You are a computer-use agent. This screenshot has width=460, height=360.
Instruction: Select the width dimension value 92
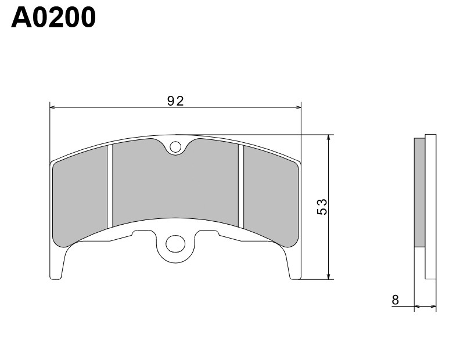(175, 101)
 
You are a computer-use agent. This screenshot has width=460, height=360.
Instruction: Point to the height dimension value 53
(322, 207)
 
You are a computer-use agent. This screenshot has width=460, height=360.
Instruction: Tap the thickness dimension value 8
(396, 300)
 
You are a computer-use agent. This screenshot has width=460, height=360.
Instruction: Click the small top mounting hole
(176, 147)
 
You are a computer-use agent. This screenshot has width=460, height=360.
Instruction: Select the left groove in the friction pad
(110, 186)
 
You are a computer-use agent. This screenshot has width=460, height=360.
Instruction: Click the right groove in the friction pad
(240, 186)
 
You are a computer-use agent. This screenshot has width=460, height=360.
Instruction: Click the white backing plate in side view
(430, 206)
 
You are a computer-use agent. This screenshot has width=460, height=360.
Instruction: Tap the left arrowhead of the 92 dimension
(53, 107)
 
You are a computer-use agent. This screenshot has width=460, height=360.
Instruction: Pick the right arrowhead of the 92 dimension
(299, 107)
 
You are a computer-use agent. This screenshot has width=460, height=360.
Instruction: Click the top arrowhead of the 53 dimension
(329, 138)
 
